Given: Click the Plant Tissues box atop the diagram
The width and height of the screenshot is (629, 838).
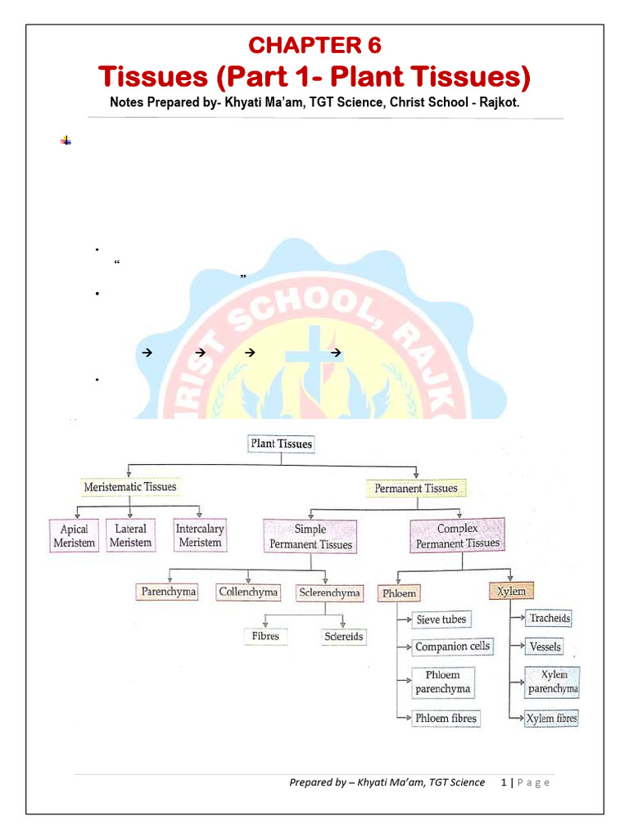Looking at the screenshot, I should (x=281, y=444).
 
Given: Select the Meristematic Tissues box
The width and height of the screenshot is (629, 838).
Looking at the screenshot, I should (x=130, y=486).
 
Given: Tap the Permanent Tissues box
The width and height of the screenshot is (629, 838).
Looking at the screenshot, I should (x=416, y=489).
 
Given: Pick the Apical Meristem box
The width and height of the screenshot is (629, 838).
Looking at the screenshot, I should (x=75, y=536).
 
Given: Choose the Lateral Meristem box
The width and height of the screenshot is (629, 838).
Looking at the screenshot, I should (x=130, y=535).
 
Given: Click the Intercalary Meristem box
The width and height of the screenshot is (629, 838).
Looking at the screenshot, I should (x=200, y=535).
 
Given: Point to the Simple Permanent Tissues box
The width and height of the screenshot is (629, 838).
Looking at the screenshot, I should (x=310, y=537).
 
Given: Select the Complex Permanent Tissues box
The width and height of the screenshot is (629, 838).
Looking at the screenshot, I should (x=458, y=536).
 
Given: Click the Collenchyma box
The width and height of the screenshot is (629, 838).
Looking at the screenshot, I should (x=248, y=591).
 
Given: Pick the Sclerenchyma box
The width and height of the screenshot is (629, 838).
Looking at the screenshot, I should (x=329, y=592).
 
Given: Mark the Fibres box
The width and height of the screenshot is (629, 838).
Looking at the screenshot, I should (x=265, y=636).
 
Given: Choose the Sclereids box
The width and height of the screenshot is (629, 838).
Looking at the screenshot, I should (x=343, y=636).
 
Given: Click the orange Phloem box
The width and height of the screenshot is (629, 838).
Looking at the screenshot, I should (x=399, y=592).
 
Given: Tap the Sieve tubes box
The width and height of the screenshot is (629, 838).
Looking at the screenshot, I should (x=441, y=619).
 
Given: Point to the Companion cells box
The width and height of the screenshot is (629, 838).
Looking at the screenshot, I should (x=452, y=647).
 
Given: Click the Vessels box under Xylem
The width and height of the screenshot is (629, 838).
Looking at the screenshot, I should (x=545, y=647).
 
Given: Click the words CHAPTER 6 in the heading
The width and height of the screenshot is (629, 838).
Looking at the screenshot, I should (x=314, y=45).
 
